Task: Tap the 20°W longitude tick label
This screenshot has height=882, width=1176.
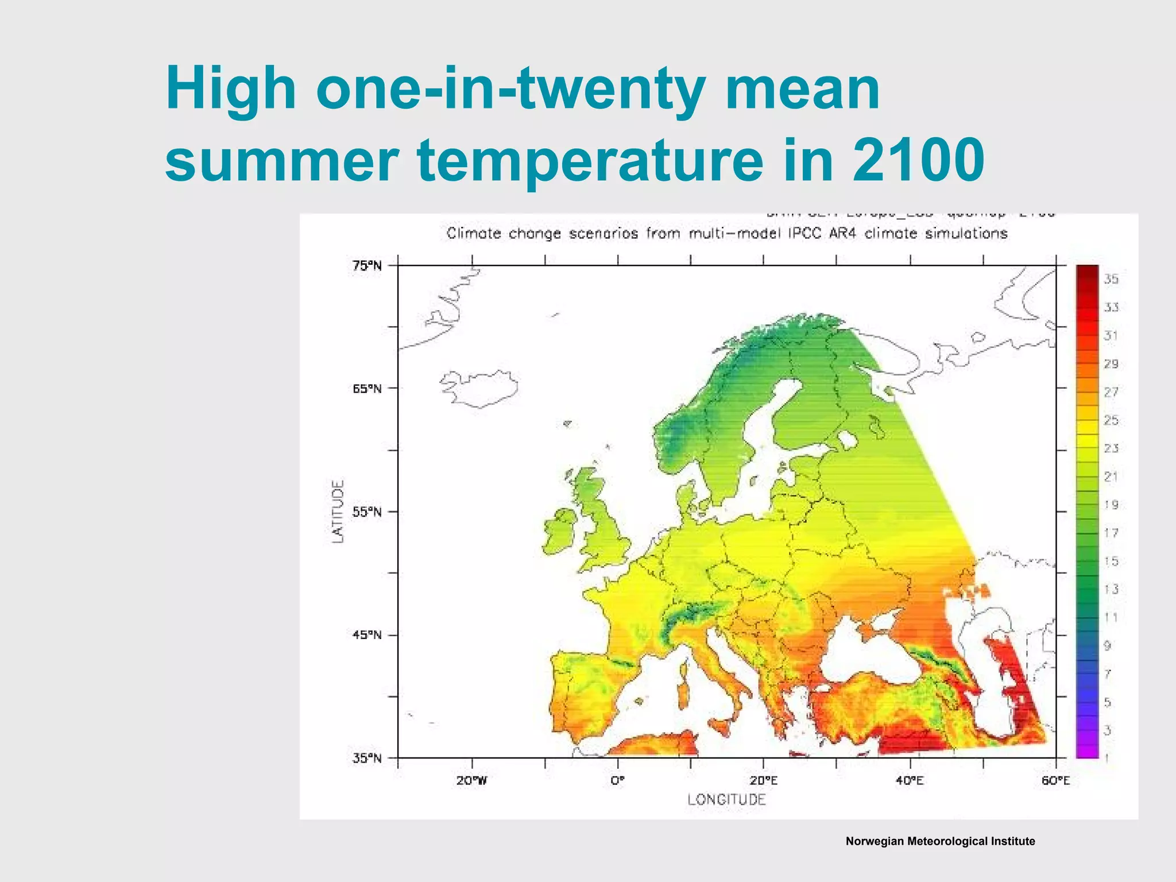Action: (472, 781)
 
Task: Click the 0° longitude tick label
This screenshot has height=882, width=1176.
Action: (617, 781)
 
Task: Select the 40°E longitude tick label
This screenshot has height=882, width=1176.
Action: (910, 781)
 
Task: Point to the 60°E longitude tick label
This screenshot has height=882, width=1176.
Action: (1055, 781)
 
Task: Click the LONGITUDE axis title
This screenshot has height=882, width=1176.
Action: (726, 799)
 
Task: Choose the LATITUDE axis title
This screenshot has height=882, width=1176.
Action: (339, 512)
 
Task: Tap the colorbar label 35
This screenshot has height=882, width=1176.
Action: (1111, 279)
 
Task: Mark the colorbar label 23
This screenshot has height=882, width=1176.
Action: (1111, 448)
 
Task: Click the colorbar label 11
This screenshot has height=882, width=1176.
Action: (1111, 617)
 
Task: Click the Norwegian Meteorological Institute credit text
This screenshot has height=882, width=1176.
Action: (940, 841)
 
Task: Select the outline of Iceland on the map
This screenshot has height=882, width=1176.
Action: (479, 388)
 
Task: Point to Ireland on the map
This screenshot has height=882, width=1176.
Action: (560, 531)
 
